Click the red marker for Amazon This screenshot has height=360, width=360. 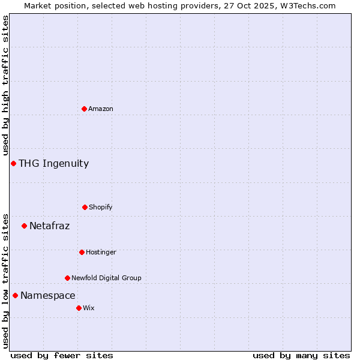84,109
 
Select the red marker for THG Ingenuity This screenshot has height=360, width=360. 13,163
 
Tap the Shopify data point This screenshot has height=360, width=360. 85,207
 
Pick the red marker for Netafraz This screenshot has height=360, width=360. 24,226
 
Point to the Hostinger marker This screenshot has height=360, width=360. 82,252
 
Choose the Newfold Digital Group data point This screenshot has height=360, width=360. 67,278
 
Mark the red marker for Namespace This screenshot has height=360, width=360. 15,295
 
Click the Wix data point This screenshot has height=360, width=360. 79,308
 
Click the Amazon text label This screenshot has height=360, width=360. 101,109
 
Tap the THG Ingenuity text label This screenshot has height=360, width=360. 53,163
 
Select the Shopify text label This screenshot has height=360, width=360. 101,207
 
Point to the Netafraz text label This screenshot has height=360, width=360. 49,226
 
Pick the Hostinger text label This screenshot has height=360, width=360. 101,252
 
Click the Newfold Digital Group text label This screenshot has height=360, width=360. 106,278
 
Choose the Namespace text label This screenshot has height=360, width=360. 47,295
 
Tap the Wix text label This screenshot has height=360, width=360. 89,308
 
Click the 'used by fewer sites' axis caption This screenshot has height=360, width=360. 62,355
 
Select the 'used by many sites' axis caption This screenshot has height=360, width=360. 301,355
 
